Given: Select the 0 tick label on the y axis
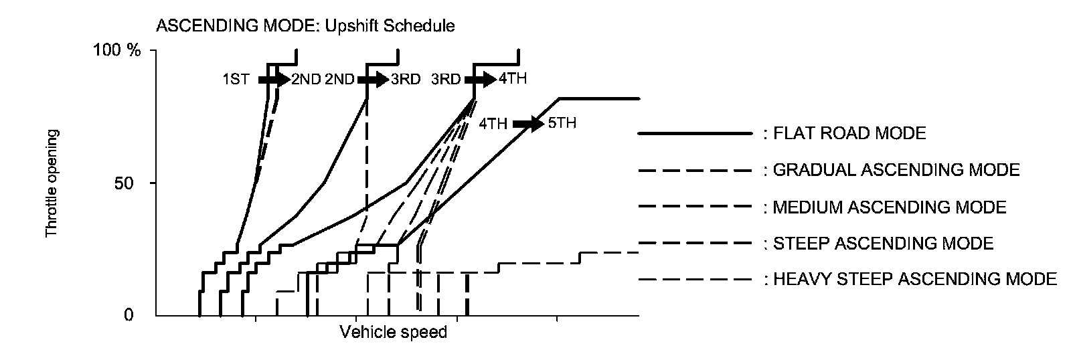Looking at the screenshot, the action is click(129, 314).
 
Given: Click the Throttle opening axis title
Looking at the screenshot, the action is click(52, 183).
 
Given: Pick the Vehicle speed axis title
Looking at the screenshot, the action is click(393, 332).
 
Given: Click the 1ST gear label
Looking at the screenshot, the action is click(236, 79).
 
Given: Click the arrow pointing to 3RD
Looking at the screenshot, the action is click(373, 79).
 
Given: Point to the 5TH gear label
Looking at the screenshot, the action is click(562, 124).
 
